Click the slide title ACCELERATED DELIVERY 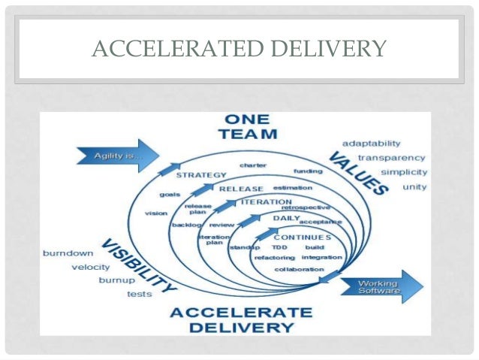239,50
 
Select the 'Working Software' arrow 380,286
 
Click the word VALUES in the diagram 358,174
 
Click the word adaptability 371,143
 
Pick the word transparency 391,158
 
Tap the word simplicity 404,172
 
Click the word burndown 68,253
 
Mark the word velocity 91,267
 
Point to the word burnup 116,280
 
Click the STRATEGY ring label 200,175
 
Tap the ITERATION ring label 267,202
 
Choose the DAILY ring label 286,217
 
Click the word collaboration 294,269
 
